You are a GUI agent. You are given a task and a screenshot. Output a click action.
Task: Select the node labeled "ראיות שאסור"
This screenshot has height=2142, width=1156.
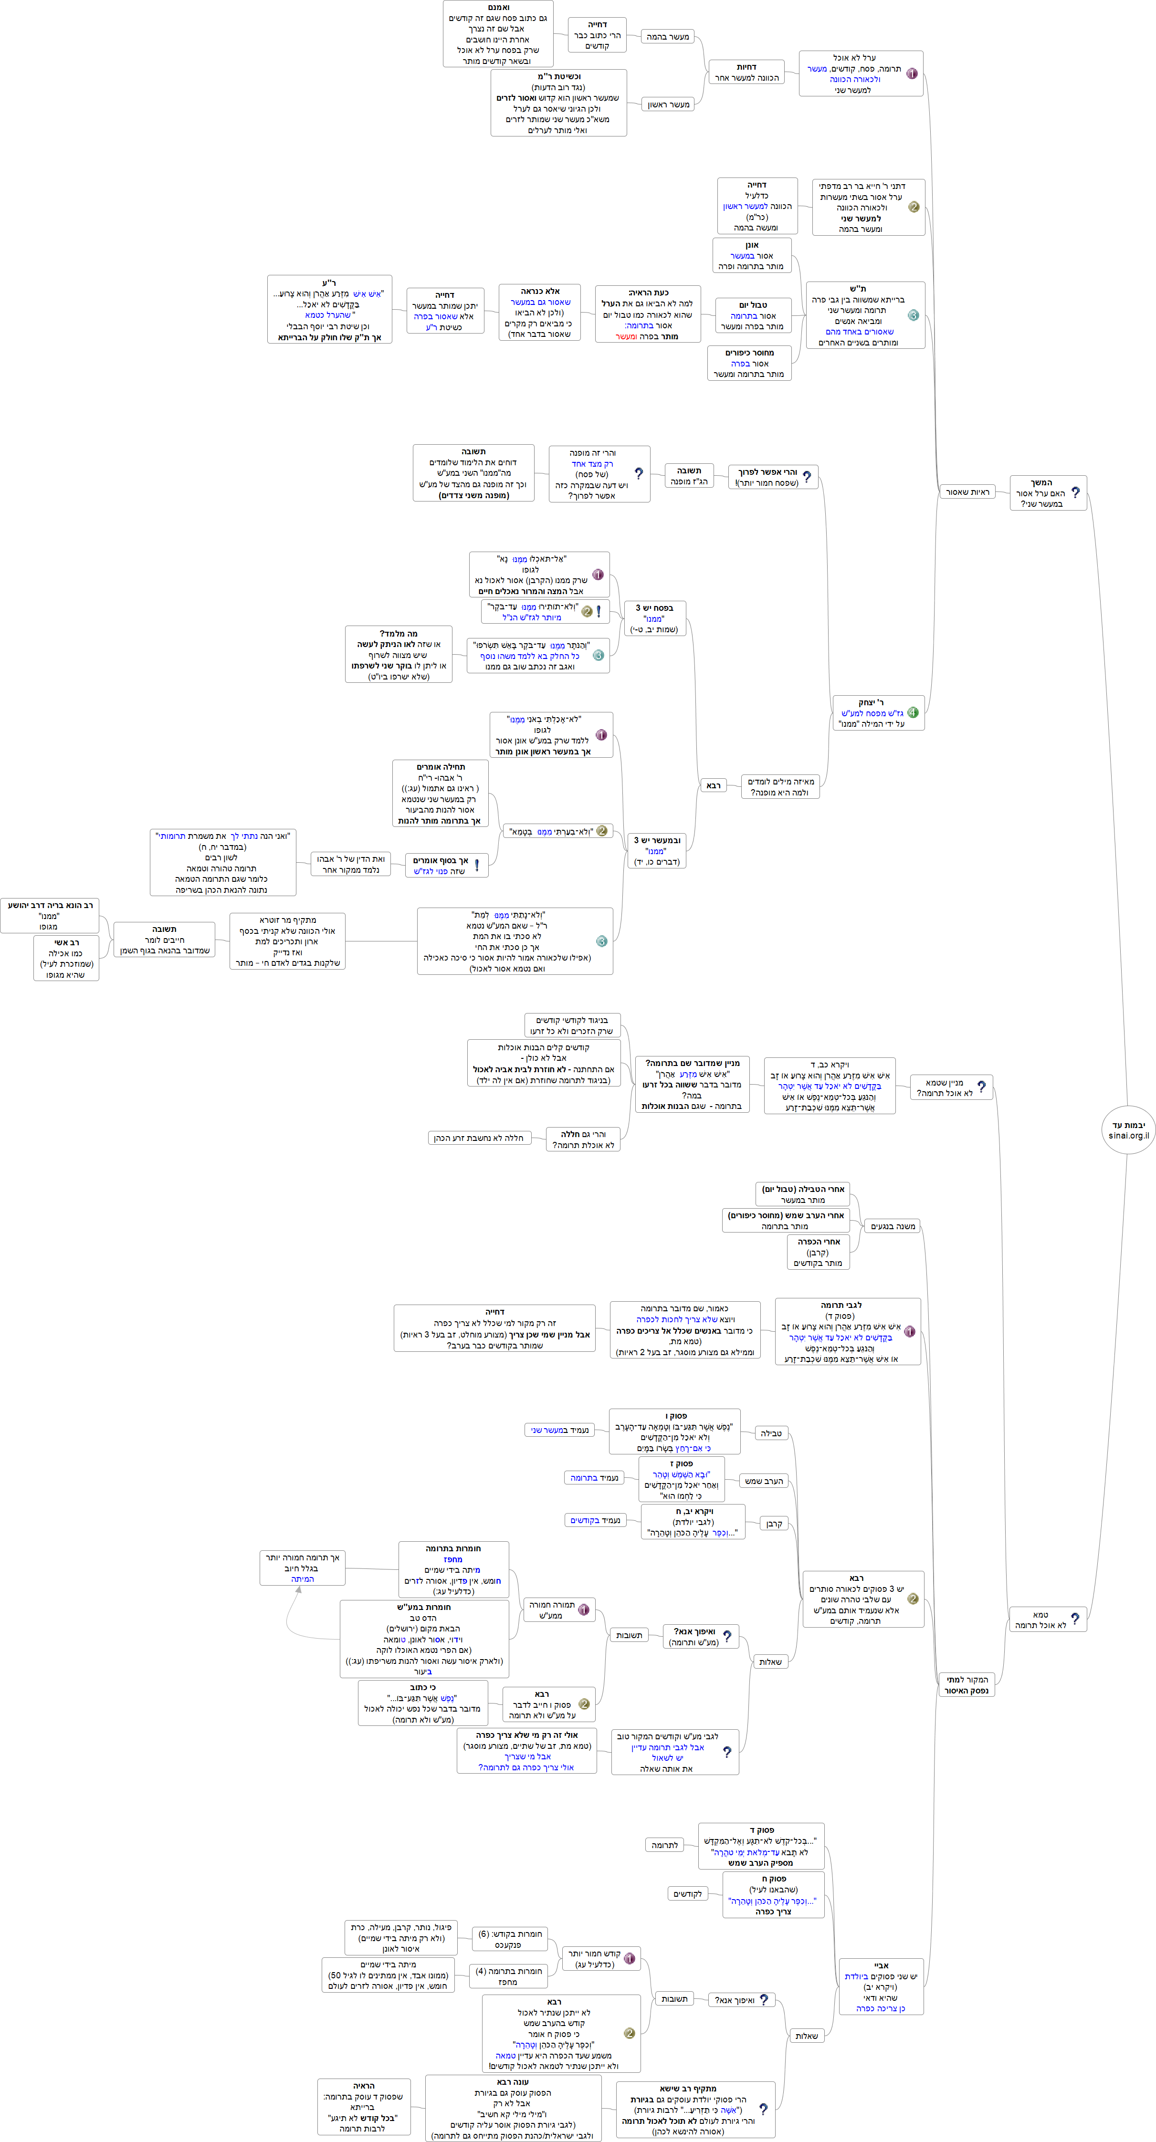[967, 492]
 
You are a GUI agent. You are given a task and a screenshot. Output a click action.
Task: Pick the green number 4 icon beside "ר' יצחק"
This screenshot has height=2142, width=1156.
[912, 712]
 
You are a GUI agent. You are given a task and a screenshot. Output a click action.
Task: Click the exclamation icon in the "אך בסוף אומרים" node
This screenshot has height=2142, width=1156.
[476, 866]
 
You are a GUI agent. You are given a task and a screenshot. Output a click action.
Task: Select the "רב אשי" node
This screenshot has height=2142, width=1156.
[66, 958]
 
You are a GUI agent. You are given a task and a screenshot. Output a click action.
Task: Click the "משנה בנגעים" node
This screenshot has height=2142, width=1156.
[893, 1226]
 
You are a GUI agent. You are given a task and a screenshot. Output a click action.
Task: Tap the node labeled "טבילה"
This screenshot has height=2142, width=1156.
[771, 1433]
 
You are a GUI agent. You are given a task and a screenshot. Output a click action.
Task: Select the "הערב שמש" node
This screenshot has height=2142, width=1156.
[764, 1481]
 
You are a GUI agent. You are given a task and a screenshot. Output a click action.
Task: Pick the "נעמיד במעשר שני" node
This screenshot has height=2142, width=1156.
[560, 1430]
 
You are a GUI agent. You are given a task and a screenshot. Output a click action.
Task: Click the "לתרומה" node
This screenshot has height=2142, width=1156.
[664, 1845]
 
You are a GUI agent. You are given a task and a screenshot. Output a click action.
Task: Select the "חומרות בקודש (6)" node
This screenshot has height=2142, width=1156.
[509, 1939]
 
